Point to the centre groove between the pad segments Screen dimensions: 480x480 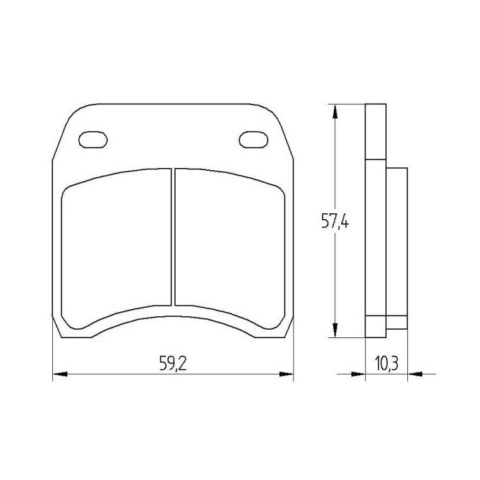point(173,236)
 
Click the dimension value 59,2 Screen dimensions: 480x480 point(172,364)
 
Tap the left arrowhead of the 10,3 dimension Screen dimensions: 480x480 point(359,373)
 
